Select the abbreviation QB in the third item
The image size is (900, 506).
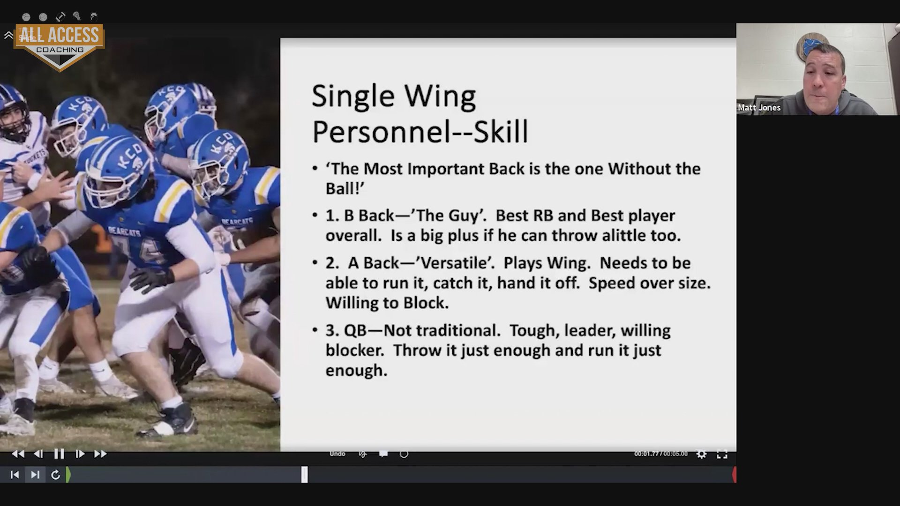356,331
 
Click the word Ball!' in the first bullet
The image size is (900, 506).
345,189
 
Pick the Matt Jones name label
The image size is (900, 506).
759,108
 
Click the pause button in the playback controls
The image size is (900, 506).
59,454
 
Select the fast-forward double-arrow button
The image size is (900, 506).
100,454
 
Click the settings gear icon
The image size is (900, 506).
701,454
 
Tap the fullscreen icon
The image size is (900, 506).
722,454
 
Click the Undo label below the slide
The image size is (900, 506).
337,454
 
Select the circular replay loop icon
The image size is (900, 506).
55,475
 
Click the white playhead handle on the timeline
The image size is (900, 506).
305,475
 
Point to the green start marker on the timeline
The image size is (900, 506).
68,475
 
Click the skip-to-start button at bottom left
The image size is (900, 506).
15,475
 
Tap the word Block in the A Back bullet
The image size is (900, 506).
425,303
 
